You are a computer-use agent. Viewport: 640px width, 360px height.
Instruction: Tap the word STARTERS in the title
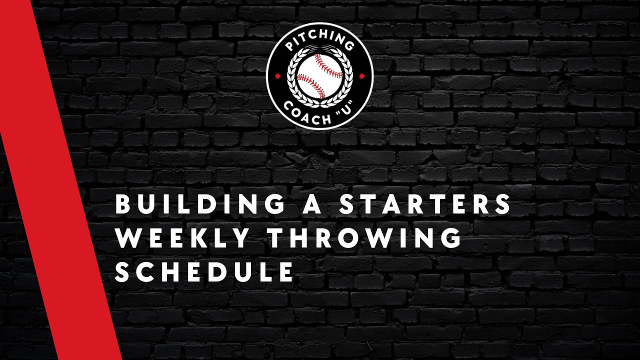[425, 205]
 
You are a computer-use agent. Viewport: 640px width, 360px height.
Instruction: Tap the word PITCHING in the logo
[320, 45]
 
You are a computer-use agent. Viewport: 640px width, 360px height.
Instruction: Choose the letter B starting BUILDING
[123, 205]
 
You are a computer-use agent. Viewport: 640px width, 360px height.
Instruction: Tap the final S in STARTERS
[503, 205]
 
